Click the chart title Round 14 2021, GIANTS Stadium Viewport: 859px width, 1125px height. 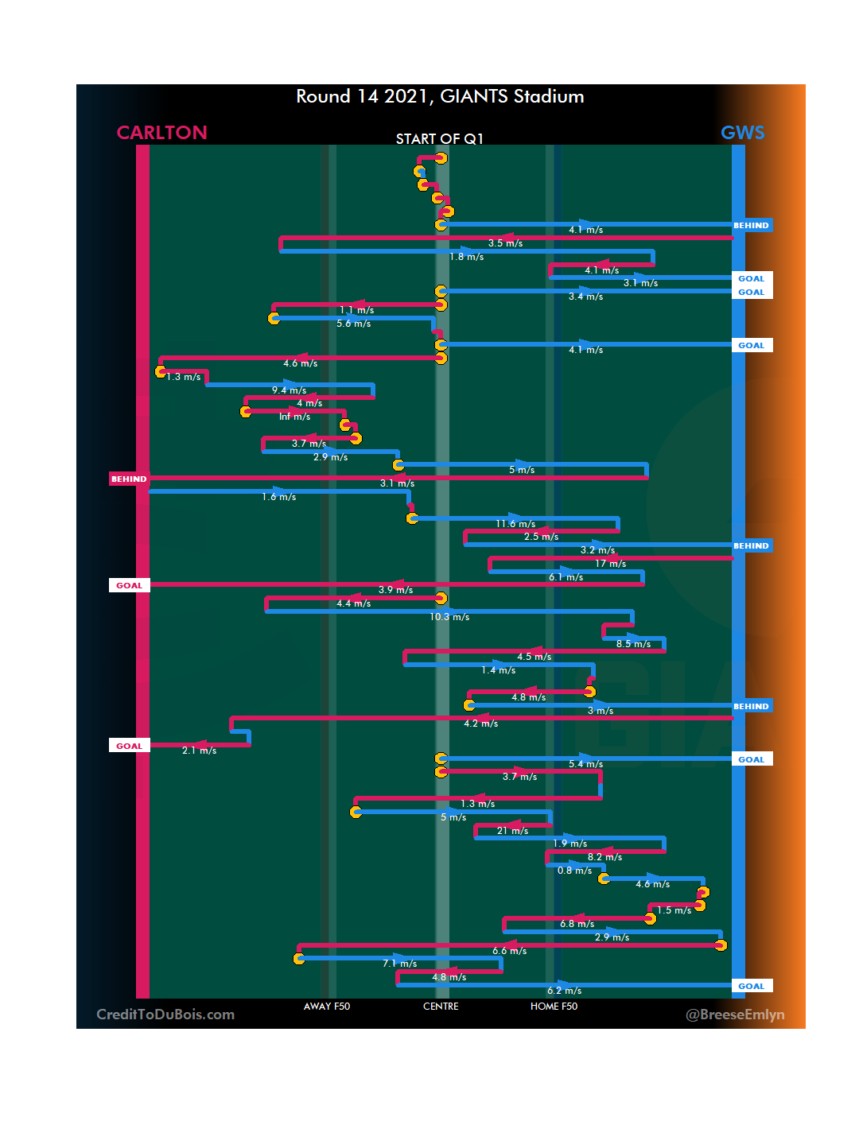point(440,96)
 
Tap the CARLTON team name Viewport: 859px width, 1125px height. point(161,133)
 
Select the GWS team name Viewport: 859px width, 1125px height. point(742,133)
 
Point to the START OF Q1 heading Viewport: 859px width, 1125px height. point(440,139)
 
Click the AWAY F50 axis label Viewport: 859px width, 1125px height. point(326,1007)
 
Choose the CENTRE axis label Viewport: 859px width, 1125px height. point(441,1007)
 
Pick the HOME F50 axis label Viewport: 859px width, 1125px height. point(554,1007)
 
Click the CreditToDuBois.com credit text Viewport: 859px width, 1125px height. point(165,1014)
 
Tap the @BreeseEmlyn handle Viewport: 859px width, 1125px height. point(735,1014)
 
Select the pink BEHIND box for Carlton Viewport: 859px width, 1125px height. point(129,479)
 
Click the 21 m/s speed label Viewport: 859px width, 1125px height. point(512,831)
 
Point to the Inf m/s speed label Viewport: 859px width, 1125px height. point(294,417)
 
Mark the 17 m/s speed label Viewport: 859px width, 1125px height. point(610,564)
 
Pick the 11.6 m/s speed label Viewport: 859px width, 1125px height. point(515,524)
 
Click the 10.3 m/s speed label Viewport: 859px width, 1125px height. point(449,617)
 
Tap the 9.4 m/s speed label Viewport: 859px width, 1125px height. point(289,390)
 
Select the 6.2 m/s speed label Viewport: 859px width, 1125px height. point(564,991)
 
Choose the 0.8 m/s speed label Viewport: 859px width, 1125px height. point(574,871)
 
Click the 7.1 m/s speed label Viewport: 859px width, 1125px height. point(399,964)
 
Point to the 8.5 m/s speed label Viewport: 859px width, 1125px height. point(633,644)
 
